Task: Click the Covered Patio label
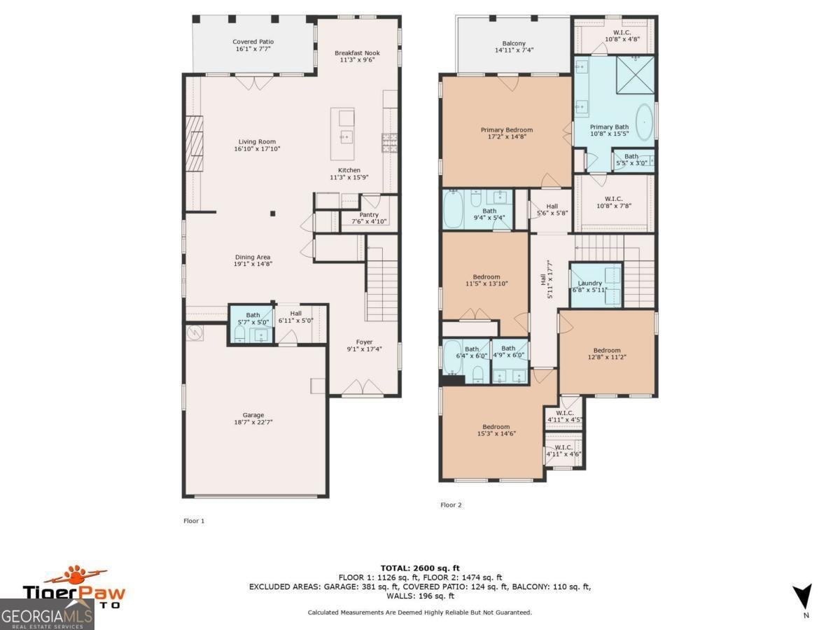point(253,42)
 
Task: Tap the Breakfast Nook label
point(356,53)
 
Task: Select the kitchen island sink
point(345,136)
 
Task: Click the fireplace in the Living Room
point(195,144)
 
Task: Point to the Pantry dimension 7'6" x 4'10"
point(369,222)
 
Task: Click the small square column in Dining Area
point(273,213)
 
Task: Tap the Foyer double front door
point(363,387)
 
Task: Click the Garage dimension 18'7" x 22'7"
point(253,423)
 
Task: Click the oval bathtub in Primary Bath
point(645,122)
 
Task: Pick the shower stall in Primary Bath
point(635,74)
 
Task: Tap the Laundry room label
point(590,283)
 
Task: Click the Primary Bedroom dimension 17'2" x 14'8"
point(506,137)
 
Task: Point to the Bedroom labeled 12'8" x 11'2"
point(607,354)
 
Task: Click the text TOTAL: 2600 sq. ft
point(419,568)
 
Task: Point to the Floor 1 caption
point(193,521)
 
